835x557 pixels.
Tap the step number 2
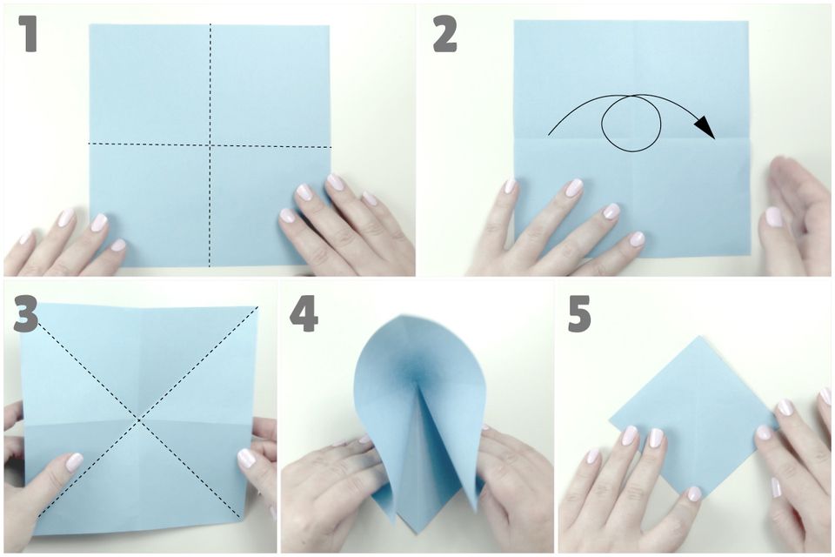point(444,34)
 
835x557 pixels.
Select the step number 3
point(25,314)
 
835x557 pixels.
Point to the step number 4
point(304,314)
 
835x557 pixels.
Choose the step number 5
point(579,314)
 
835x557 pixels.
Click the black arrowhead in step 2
point(705,127)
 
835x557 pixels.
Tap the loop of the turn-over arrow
point(631,124)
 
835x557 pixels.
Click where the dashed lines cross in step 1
point(210,145)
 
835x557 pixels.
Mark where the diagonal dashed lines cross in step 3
point(139,420)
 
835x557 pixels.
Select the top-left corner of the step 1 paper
point(90,24)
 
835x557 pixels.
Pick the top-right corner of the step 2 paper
point(748,21)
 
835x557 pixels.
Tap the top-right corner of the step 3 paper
point(257,307)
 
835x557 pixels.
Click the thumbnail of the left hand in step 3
point(74,461)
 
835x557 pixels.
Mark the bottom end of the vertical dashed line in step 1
point(210,265)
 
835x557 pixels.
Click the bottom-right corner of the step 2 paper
point(751,257)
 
